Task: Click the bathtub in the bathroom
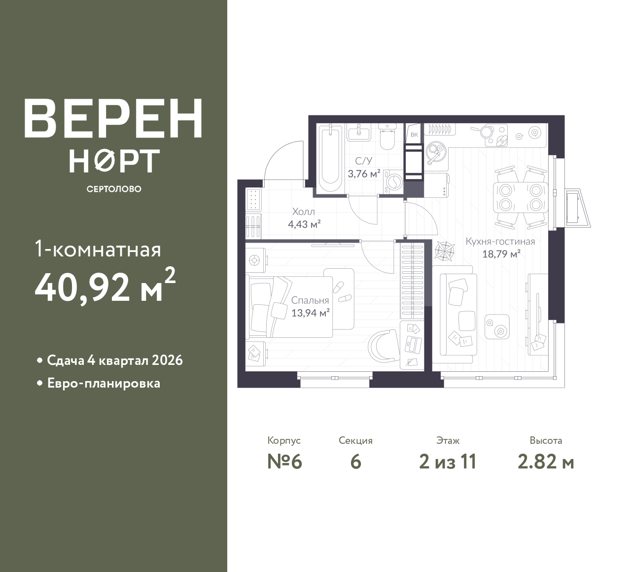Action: point(330,158)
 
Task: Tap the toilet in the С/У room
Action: point(386,137)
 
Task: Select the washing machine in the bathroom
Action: point(393,181)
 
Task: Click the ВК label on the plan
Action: point(414,135)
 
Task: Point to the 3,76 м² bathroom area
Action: point(364,174)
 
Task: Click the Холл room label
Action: point(303,212)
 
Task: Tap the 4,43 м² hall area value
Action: point(304,224)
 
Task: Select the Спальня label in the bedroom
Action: point(310,300)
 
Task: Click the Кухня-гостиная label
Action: point(500,241)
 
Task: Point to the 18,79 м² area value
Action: point(501,254)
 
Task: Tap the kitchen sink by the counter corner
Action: point(436,152)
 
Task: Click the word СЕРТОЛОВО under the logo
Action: point(114,189)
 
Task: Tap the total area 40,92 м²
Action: point(105,286)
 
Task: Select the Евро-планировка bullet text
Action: point(104,383)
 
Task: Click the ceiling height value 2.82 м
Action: point(546,462)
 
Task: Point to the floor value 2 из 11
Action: point(448,462)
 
